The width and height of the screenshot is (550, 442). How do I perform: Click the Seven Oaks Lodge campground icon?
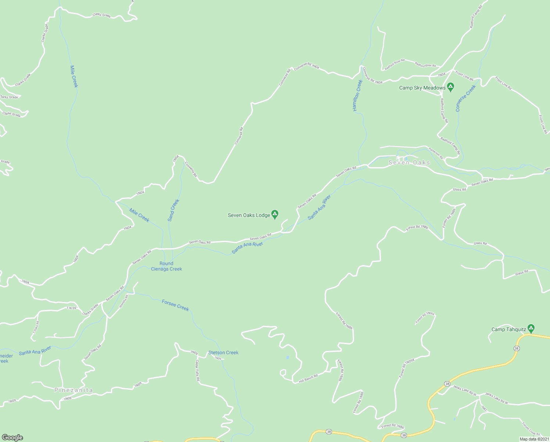[x=275, y=214]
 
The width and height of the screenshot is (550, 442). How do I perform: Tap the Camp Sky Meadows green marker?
[x=450, y=87]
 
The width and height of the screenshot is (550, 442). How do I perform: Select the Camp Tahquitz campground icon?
[x=531, y=328]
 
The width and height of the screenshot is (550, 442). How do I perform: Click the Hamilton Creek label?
[x=357, y=95]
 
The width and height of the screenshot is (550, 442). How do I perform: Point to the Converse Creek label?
[x=465, y=98]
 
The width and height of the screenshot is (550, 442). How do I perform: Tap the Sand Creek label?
[x=173, y=210]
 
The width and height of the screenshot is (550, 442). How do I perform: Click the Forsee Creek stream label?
[x=175, y=305]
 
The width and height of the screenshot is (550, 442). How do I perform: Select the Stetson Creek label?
[x=223, y=352]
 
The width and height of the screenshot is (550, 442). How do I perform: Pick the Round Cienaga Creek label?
[x=167, y=266]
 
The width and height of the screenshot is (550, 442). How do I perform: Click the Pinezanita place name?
[x=74, y=390]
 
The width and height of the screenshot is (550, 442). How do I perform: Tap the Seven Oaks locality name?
[x=409, y=162]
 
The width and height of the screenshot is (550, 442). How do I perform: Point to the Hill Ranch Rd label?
[x=308, y=378]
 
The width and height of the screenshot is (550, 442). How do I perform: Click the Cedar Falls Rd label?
[x=197, y=370]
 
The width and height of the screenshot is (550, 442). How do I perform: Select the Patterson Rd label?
[x=436, y=154]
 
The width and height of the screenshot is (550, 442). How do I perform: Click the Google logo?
[x=12, y=438]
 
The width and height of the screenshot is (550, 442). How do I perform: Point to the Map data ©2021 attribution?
[x=534, y=439]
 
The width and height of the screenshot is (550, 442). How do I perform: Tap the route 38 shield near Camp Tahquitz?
[x=517, y=348]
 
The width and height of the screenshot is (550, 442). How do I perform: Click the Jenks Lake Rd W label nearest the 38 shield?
[x=464, y=390]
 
